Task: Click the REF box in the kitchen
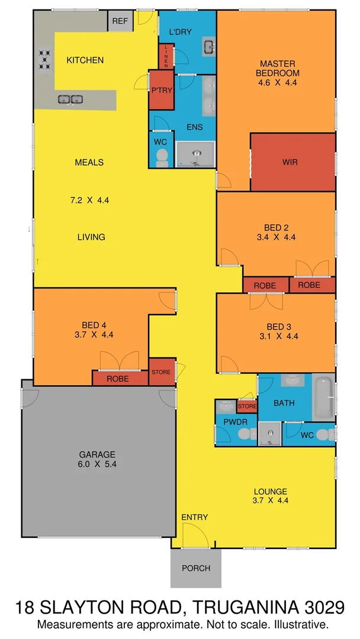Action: pyautogui.click(x=120, y=21)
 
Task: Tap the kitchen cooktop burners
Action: pyautogui.click(x=45, y=57)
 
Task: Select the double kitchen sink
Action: pyautogui.click(x=70, y=99)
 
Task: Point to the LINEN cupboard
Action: pyautogui.click(x=167, y=56)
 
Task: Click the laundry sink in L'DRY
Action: pyautogui.click(x=210, y=46)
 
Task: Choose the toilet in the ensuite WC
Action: pyautogui.click(x=162, y=156)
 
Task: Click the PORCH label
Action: pyautogui.click(x=196, y=569)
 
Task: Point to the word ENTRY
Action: pyautogui.click(x=195, y=518)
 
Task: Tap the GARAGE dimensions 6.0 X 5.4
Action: pyautogui.click(x=98, y=464)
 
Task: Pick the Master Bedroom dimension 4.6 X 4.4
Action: pyautogui.click(x=277, y=83)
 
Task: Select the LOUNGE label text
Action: pyautogui.click(x=270, y=492)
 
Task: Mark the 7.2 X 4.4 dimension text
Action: pyautogui.click(x=90, y=200)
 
